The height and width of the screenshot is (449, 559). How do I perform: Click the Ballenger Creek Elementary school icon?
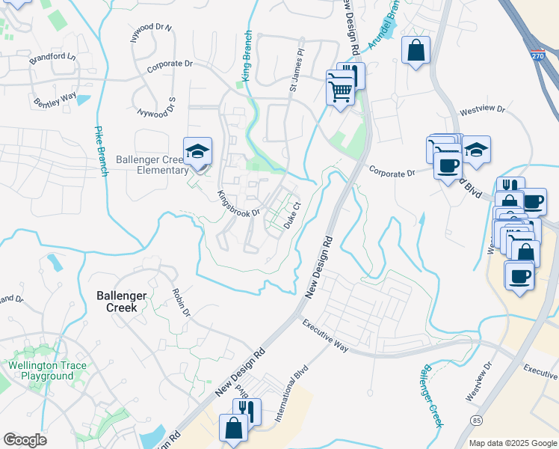click(197, 151)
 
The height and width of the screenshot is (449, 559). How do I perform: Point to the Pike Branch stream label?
click(101, 150)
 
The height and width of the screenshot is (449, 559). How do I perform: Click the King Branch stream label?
click(247, 56)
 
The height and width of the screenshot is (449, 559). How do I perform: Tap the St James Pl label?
click(297, 71)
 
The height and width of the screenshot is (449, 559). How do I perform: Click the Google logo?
click(25, 440)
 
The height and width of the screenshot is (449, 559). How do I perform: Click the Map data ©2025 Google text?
click(512, 443)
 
